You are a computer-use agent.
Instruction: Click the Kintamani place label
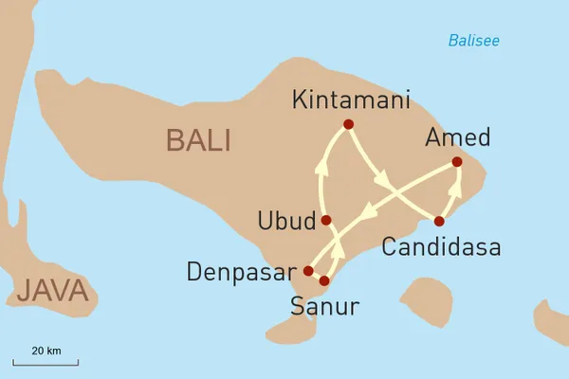pos(350,99)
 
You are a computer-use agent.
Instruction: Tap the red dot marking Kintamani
pos(348,124)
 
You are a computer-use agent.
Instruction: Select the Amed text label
pos(458,137)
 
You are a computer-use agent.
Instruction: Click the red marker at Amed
pos(457,162)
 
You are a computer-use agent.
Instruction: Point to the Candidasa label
pos(440,248)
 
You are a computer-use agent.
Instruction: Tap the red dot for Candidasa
pos(438,221)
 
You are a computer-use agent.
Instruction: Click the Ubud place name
pos(286,222)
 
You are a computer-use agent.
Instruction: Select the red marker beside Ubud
pos(325,220)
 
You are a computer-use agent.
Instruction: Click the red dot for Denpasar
pos(307,271)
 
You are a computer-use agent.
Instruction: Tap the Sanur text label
pos(325,307)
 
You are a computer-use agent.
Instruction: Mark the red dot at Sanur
pos(323,280)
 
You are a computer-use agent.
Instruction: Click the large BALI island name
pos(198,140)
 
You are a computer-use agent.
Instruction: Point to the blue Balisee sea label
pos(473,41)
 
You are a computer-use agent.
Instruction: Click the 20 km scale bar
pos(46,360)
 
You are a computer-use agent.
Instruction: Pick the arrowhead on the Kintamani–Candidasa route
pos(382,179)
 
